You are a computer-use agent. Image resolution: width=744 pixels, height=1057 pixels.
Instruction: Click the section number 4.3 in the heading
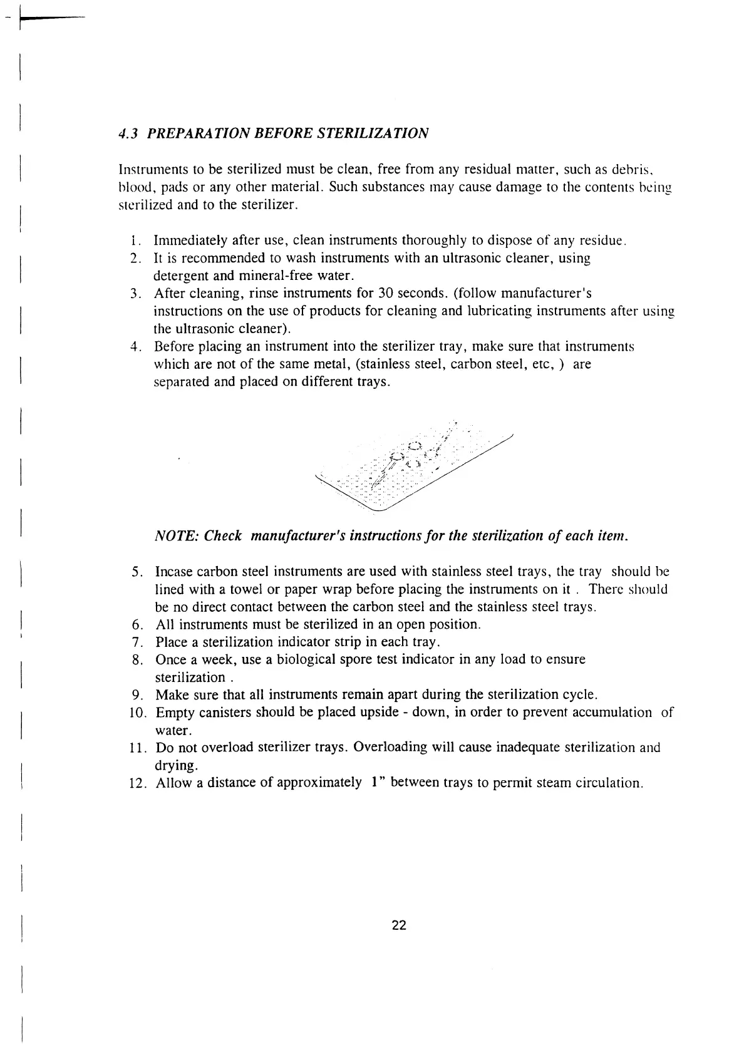click(128, 134)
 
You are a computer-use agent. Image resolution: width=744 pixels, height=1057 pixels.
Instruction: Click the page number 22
click(399, 926)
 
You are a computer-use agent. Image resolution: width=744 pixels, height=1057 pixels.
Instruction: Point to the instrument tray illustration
click(413, 470)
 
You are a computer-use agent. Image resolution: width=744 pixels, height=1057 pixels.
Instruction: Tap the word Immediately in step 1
click(190, 241)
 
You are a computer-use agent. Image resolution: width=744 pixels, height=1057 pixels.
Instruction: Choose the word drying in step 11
click(175, 766)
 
